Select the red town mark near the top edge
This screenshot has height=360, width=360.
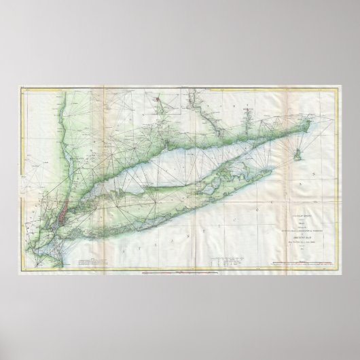158,102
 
